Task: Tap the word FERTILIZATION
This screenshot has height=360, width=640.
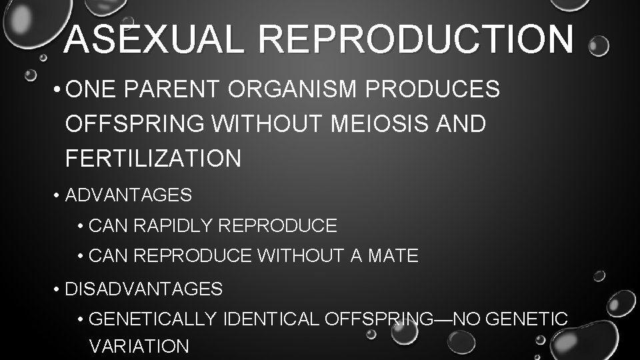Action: pyautogui.click(x=153, y=159)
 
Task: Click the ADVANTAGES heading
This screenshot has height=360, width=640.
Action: pyautogui.click(x=129, y=195)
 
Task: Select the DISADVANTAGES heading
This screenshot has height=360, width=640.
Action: pyautogui.click(x=144, y=289)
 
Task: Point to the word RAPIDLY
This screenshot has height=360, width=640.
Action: pyautogui.click(x=174, y=226)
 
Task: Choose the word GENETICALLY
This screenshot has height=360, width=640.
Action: pyautogui.click(x=153, y=319)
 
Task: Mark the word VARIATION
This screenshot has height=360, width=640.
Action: pyautogui.click(x=139, y=346)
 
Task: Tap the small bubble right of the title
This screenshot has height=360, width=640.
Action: pyautogui.click(x=599, y=46)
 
